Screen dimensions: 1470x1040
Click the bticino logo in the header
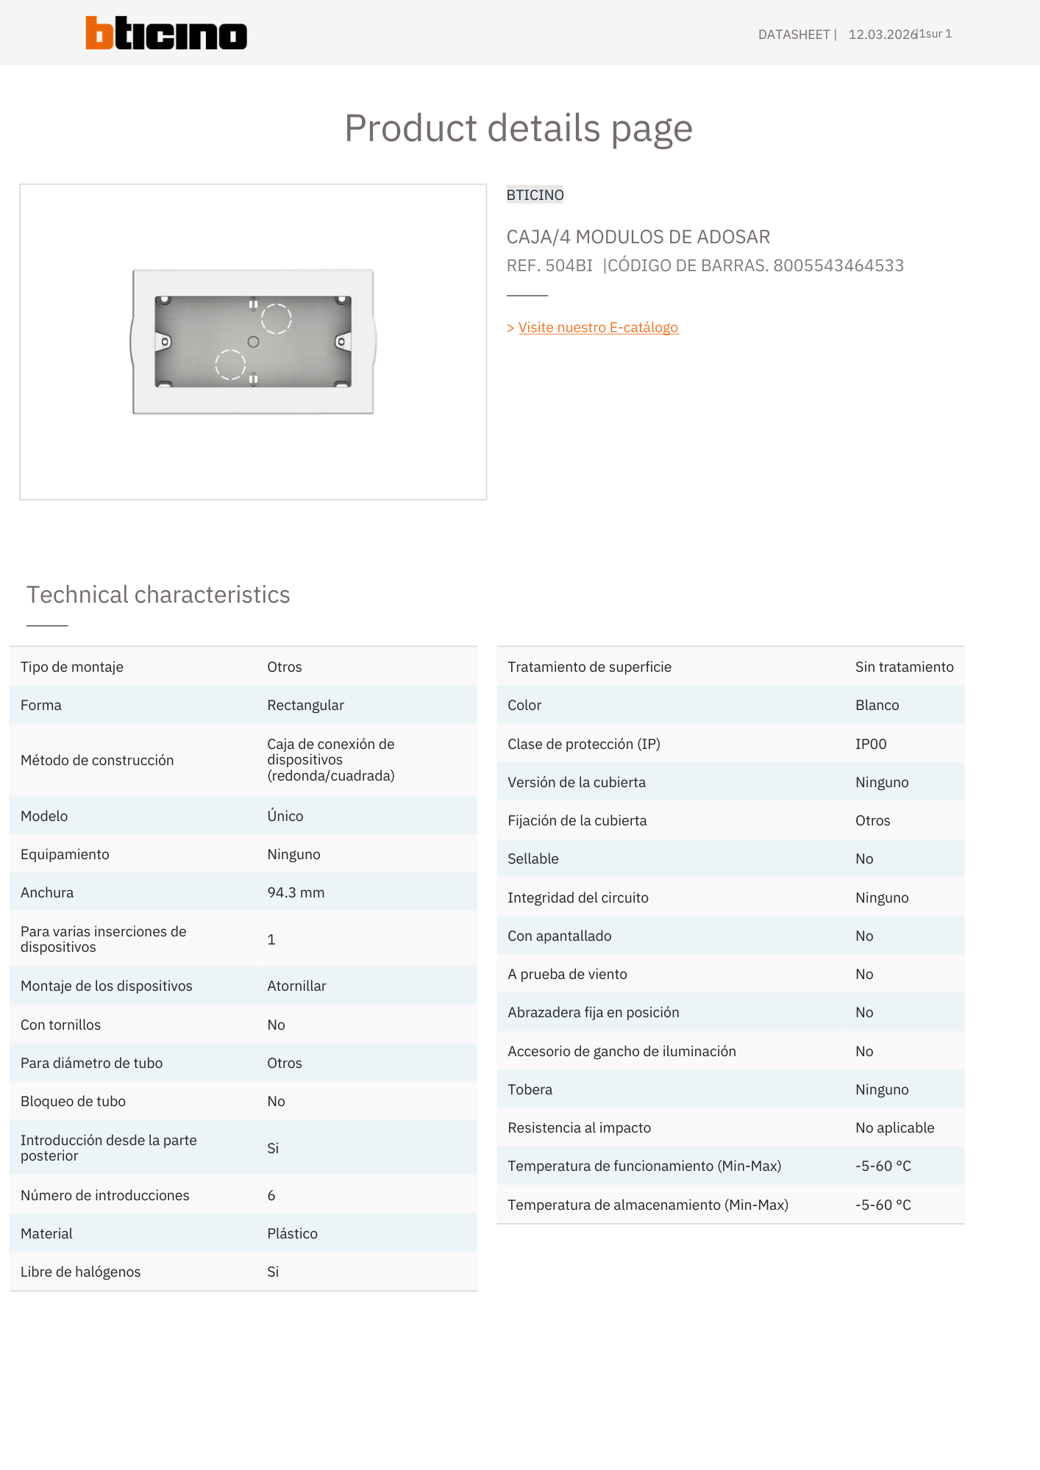pyautogui.click(x=166, y=34)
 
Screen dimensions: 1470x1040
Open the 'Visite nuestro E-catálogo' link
pyautogui.click(x=598, y=328)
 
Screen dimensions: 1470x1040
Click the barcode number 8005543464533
pyautogui.click(x=838, y=266)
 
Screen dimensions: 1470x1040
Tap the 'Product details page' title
pyautogui.click(x=519, y=129)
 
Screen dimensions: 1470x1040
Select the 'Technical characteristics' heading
pyautogui.click(x=158, y=595)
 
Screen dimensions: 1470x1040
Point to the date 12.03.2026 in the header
pyautogui.click(x=882, y=35)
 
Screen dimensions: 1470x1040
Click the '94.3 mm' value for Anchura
pyautogui.click(x=296, y=893)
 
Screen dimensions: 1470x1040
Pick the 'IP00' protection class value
pyautogui.click(x=871, y=745)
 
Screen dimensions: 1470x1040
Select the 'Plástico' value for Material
pyautogui.click(x=292, y=1234)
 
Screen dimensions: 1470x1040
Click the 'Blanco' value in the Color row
pyautogui.click(x=877, y=706)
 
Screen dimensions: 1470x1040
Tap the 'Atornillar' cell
pyautogui.click(x=296, y=986)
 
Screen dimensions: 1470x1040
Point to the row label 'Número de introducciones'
pyautogui.click(x=105, y=1196)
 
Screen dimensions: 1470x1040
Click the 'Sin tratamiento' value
pyautogui.click(x=904, y=667)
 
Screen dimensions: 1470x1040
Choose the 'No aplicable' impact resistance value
pyautogui.click(x=894, y=1128)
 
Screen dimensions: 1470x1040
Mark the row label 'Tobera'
pyautogui.click(x=530, y=1090)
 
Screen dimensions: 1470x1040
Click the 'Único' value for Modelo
pyautogui.click(x=285, y=817)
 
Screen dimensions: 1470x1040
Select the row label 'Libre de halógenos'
pyautogui.click(x=80, y=1272)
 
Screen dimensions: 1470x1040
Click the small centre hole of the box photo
pyautogui.click(x=253, y=342)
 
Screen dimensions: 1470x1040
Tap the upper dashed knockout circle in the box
pyautogui.click(x=277, y=319)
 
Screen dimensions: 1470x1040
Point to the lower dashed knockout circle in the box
pyautogui.click(x=229, y=365)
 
